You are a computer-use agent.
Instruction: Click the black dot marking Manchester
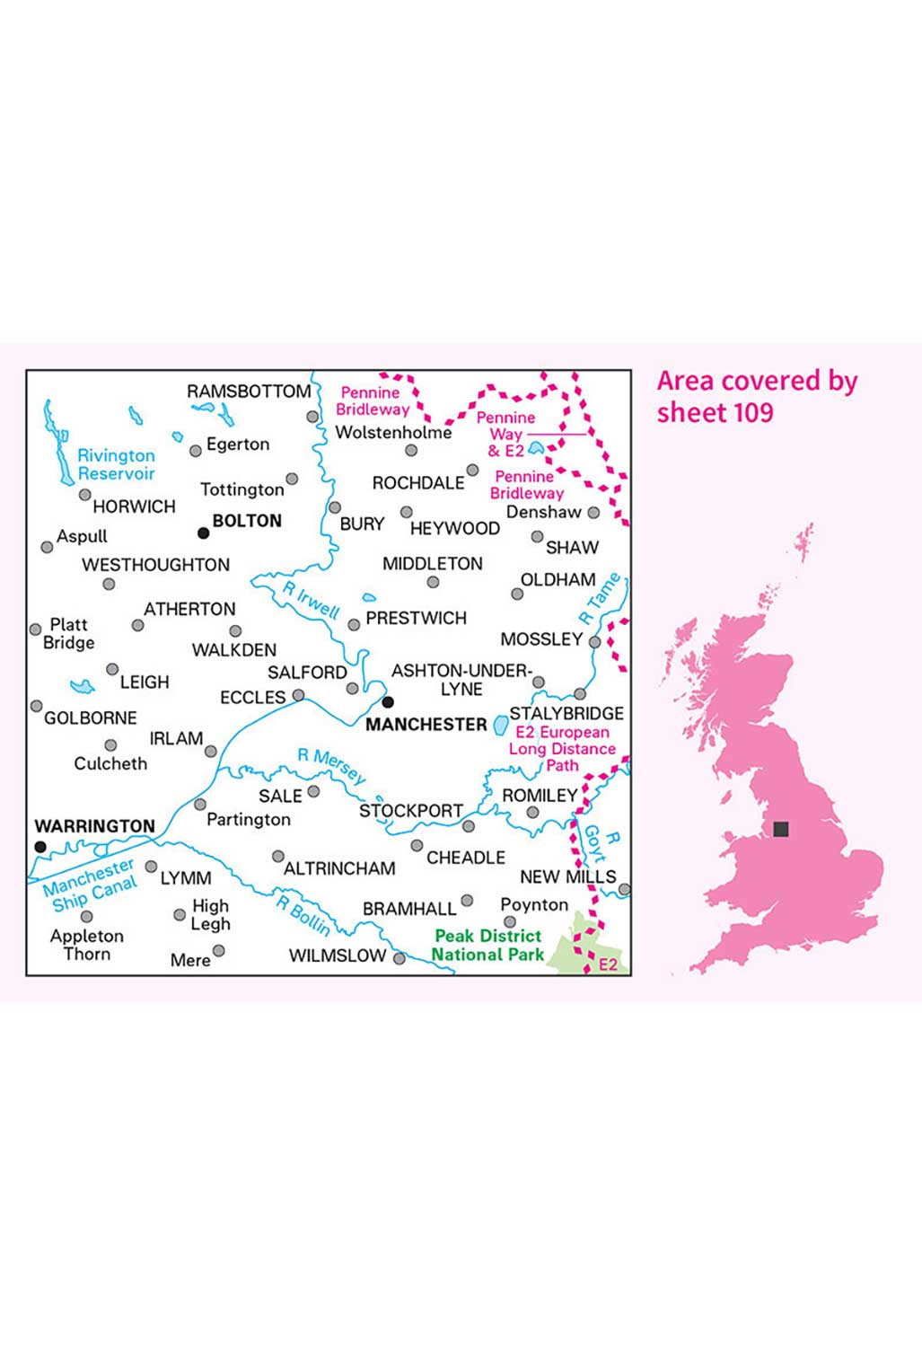point(388,702)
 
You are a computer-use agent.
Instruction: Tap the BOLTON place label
point(247,521)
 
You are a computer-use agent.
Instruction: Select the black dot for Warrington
point(40,847)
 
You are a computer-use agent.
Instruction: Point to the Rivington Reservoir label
point(116,464)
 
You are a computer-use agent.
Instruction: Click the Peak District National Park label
point(488,945)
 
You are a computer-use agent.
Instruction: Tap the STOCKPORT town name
point(411,810)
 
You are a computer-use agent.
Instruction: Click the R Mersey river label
point(332,766)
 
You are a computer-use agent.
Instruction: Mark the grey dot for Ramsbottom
point(312,417)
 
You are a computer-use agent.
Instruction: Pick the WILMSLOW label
point(338,955)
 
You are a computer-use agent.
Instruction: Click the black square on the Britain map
point(781,829)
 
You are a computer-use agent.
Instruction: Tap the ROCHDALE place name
point(418,483)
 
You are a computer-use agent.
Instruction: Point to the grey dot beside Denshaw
point(593,513)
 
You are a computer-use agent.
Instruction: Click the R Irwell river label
point(311,600)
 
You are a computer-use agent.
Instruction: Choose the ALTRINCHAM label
point(339,868)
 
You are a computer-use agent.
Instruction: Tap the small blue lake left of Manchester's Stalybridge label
point(501,725)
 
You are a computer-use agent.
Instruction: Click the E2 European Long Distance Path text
point(563,749)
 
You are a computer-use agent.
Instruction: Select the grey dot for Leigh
point(112,669)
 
